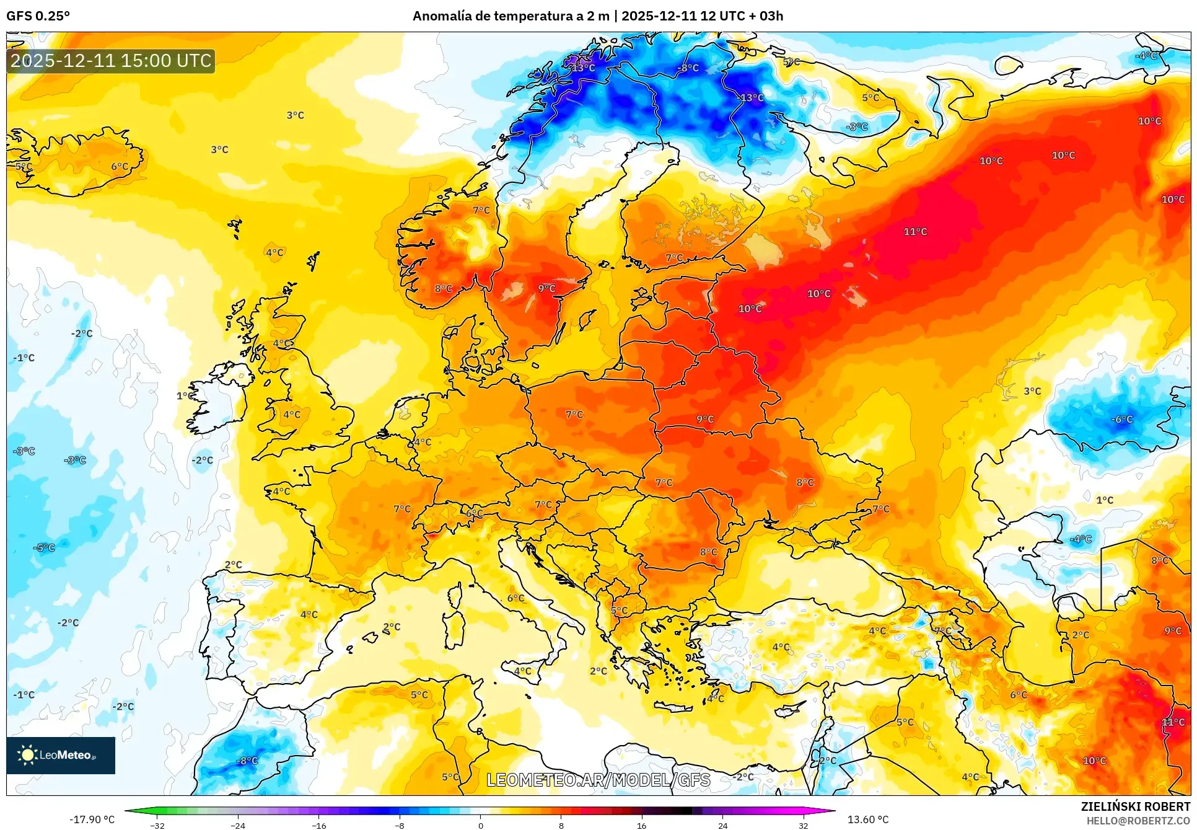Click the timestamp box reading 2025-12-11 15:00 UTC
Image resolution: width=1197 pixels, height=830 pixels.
pyautogui.click(x=111, y=61)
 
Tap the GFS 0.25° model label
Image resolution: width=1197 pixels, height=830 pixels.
pyautogui.click(x=38, y=16)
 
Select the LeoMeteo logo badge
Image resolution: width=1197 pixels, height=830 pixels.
pyautogui.click(x=61, y=755)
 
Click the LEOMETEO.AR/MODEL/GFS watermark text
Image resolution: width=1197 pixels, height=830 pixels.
pyautogui.click(x=598, y=780)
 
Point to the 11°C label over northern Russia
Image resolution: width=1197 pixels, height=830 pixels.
pyautogui.click(x=915, y=232)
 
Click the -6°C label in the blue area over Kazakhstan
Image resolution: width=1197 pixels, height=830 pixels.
pyautogui.click(x=1121, y=420)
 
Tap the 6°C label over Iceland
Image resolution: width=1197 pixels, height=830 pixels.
pyautogui.click(x=120, y=167)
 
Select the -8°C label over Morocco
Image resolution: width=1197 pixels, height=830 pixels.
pyautogui.click(x=247, y=761)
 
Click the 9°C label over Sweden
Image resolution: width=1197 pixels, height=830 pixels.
pyautogui.click(x=546, y=288)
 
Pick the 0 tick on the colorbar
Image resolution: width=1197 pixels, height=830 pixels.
pyautogui.click(x=480, y=825)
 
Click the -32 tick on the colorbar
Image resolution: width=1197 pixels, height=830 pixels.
pyautogui.click(x=157, y=825)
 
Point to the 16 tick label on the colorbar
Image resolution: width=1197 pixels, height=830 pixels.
pyautogui.click(x=641, y=825)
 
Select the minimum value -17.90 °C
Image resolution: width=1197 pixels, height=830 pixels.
pyautogui.click(x=92, y=819)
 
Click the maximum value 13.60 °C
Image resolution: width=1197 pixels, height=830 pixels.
pyautogui.click(x=867, y=819)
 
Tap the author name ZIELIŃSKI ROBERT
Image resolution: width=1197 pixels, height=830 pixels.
pyautogui.click(x=1135, y=806)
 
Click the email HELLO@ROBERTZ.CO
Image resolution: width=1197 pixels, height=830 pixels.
pyautogui.click(x=1138, y=821)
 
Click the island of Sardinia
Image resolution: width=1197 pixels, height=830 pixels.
pyautogui.click(x=455, y=629)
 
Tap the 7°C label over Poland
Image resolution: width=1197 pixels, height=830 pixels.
pyautogui.click(x=574, y=414)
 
